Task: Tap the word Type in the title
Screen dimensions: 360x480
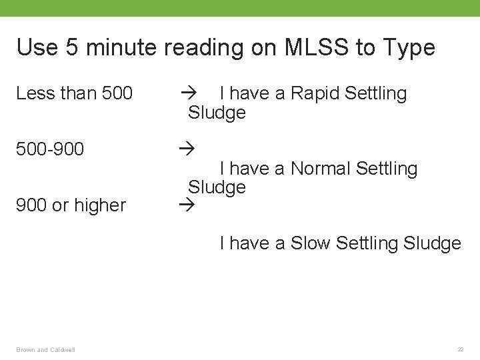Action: (x=408, y=48)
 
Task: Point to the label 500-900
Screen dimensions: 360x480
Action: (x=51, y=149)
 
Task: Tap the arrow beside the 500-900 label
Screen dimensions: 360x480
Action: (x=186, y=149)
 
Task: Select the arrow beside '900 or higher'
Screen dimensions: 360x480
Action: (x=186, y=205)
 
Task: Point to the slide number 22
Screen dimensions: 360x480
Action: (x=460, y=349)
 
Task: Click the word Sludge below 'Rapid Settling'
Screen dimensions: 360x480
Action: (x=217, y=113)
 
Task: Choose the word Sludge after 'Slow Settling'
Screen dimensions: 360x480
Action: (x=432, y=243)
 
